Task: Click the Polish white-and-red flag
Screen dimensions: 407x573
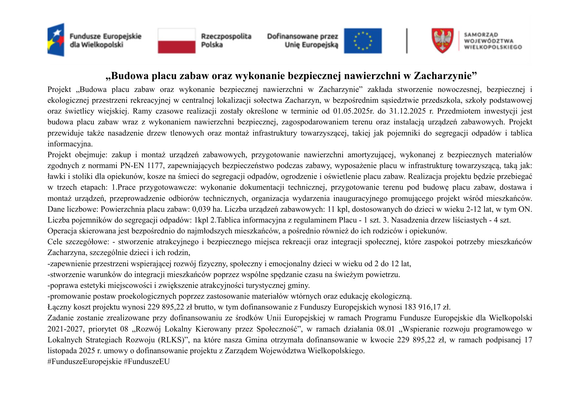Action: point(176,41)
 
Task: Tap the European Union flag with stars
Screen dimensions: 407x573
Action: point(363,41)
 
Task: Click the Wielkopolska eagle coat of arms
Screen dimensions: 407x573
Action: point(443,41)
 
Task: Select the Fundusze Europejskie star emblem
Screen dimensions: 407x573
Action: point(56,40)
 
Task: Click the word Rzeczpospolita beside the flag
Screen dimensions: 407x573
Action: point(226,36)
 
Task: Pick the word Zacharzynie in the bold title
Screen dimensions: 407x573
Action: point(445,76)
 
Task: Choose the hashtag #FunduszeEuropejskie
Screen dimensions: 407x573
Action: point(85,362)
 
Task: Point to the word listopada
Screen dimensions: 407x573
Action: point(62,351)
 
